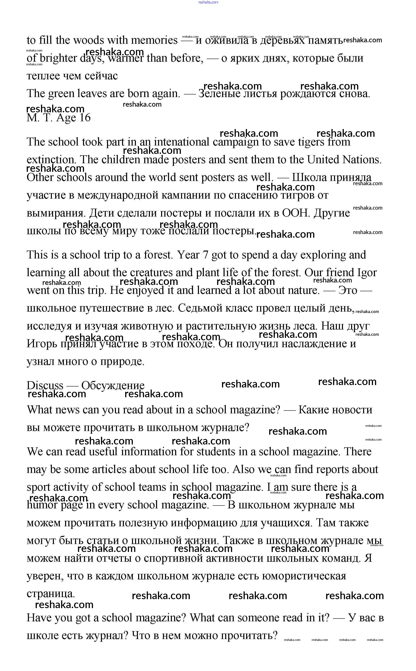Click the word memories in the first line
(154, 41)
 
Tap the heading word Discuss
(45, 386)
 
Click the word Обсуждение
(113, 386)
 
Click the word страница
(50, 594)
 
